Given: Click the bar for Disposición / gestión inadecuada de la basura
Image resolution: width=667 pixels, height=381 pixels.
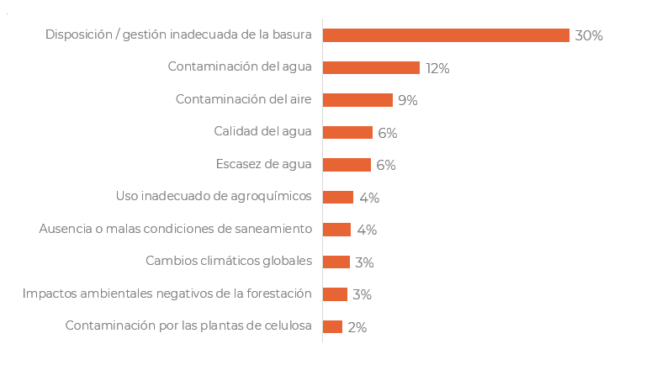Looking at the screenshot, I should click(446, 35).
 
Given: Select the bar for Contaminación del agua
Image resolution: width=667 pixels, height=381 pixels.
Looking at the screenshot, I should click(371, 68).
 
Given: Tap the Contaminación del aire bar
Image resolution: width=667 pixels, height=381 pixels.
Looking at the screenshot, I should click(357, 100).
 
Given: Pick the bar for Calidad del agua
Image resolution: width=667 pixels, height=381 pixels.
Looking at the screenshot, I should click(347, 133).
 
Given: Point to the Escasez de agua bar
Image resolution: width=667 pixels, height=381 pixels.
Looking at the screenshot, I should click(347, 165).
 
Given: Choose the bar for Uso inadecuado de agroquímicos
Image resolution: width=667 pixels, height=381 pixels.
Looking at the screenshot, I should click(338, 198).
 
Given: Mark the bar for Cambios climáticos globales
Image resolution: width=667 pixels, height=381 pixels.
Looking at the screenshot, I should click(336, 262).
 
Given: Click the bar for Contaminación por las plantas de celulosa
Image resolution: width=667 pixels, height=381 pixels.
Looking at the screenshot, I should click(332, 327).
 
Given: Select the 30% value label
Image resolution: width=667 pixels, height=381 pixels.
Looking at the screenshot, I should click(589, 36).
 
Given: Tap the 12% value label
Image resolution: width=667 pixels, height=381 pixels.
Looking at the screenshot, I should click(437, 69).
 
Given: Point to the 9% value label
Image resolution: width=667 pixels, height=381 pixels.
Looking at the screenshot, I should click(408, 101).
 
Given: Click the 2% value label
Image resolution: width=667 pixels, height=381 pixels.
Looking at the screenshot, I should click(357, 328).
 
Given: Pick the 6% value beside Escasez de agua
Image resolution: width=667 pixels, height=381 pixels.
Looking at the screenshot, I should click(386, 166).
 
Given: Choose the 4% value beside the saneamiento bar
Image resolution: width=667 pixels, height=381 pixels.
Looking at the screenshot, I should click(367, 230).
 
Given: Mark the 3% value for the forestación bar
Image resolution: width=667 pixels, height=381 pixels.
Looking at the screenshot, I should click(362, 295).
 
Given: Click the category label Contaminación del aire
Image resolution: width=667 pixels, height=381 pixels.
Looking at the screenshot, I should click(243, 99).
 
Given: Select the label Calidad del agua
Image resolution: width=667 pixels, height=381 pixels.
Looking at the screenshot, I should click(262, 132).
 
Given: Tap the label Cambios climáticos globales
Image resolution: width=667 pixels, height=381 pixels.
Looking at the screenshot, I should click(229, 261).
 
